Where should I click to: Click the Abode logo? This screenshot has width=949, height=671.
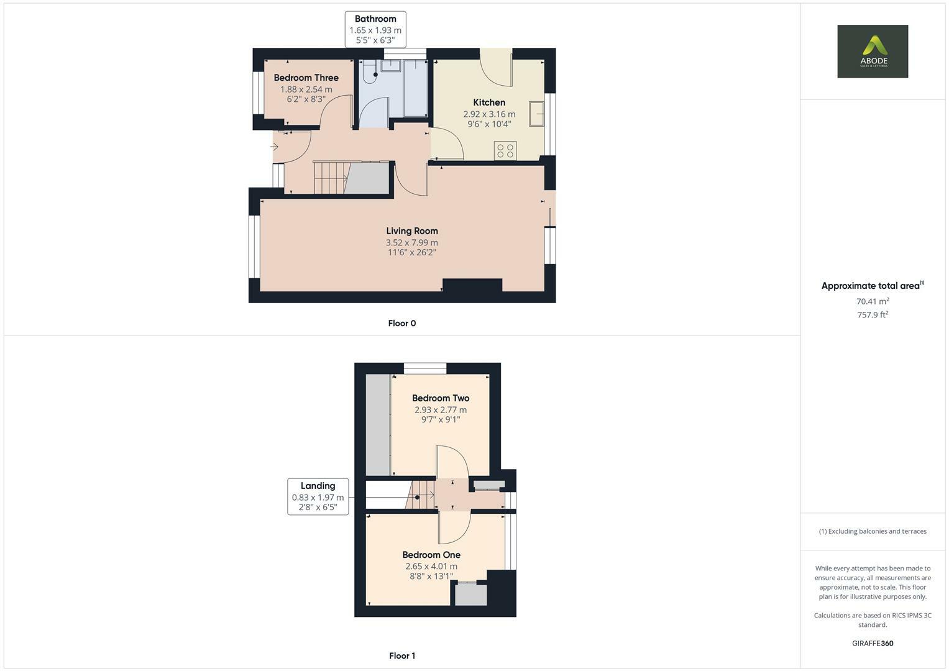click(x=872, y=51)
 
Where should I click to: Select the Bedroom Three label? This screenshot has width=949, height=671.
click(x=306, y=78)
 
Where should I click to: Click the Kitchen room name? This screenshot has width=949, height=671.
click(x=489, y=103)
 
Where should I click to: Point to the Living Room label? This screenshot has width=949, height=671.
click(x=411, y=231)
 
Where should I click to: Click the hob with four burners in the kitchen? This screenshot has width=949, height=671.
click(x=505, y=150)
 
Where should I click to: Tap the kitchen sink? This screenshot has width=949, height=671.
click(x=536, y=114)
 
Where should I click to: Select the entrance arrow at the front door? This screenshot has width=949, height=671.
click(x=274, y=147)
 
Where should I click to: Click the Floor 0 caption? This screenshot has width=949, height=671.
click(x=401, y=323)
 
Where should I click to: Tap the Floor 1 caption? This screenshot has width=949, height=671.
click(x=401, y=655)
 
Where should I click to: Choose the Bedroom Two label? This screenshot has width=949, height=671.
click(x=440, y=398)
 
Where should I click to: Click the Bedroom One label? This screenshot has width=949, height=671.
click(x=431, y=555)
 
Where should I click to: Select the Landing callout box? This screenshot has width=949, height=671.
click(x=318, y=496)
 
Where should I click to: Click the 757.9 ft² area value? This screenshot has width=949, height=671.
click(x=872, y=315)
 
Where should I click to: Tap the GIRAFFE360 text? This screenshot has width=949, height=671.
click(x=872, y=643)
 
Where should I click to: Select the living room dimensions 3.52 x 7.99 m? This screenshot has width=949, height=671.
click(x=411, y=243)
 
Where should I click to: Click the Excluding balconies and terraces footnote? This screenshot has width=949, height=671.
click(x=872, y=531)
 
